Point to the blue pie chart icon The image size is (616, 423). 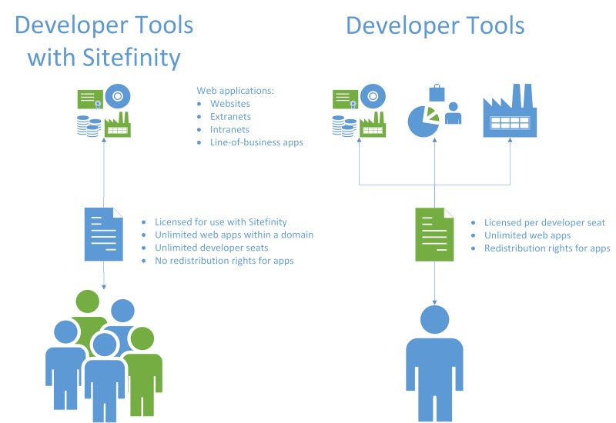422,121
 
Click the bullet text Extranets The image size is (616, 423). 230,116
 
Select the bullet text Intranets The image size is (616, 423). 229,129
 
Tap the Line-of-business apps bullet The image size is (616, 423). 256,142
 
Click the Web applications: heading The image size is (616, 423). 235,90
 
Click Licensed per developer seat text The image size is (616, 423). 544,222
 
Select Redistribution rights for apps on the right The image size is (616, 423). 547,248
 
